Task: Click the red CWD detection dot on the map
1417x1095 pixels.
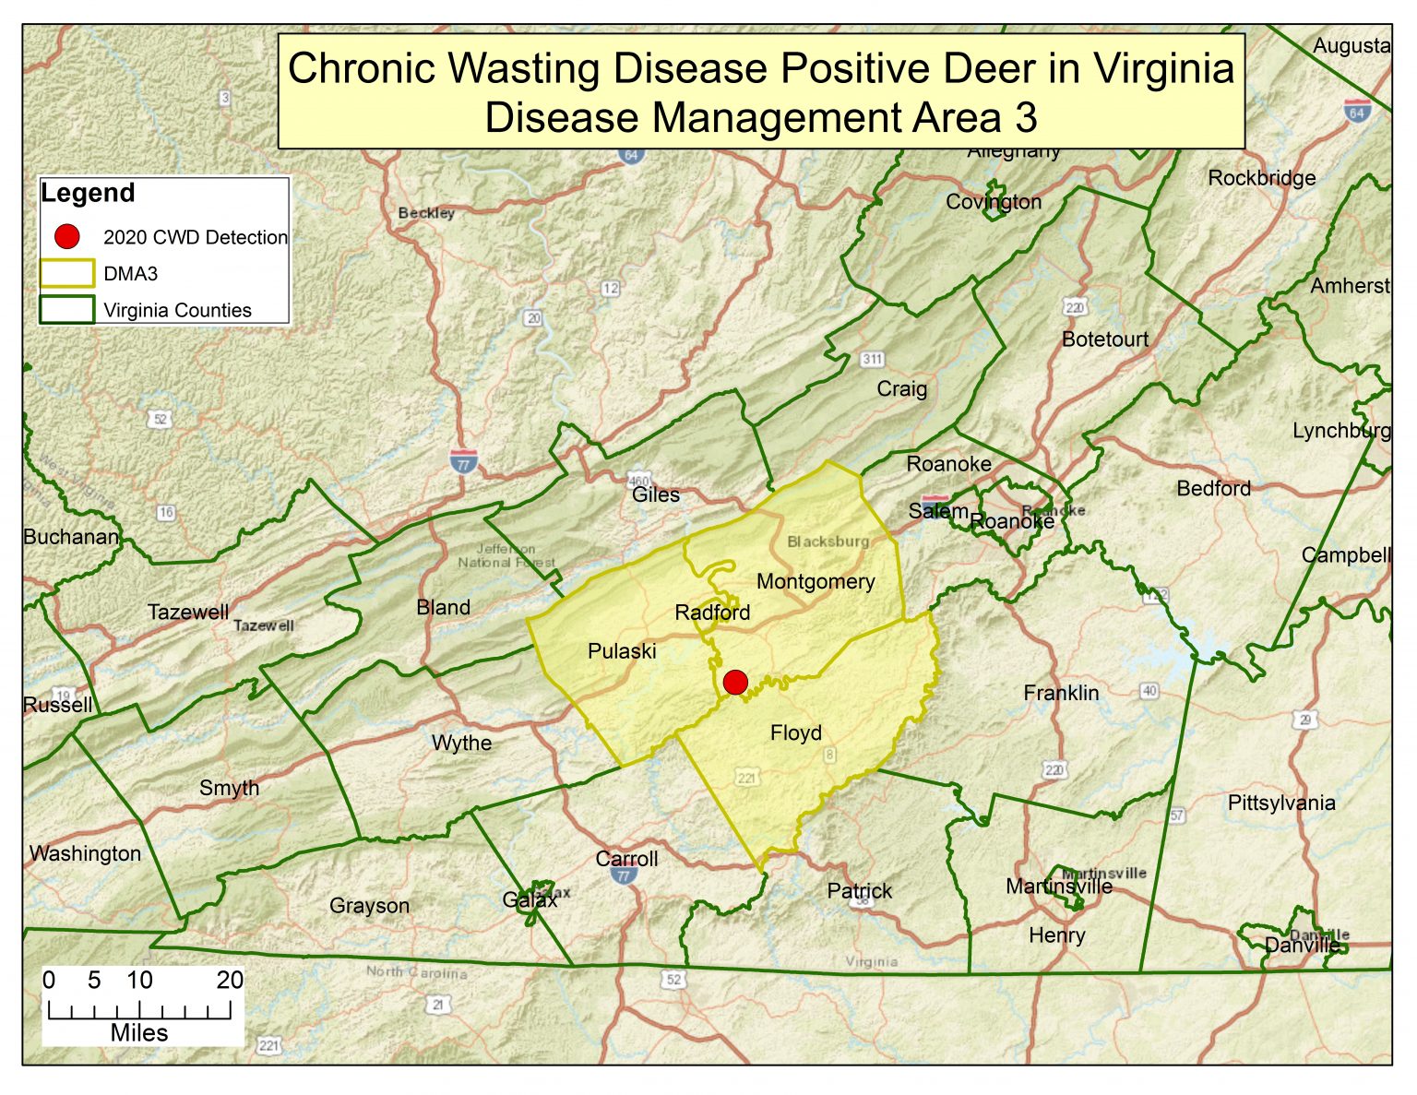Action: click(x=735, y=683)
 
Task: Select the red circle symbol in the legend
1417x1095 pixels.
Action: click(x=66, y=237)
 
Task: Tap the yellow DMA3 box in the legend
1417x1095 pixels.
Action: click(x=66, y=274)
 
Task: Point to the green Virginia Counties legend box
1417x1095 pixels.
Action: click(x=66, y=309)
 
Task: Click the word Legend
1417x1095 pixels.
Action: click(x=88, y=194)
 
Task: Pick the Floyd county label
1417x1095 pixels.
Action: click(x=795, y=733)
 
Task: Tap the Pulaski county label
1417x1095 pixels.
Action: click(x=622, y=651)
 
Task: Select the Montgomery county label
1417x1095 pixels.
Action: click(x=816, y=582)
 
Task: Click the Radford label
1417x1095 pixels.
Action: click(x=712, y=613)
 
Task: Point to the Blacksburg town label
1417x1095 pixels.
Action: click(x=828, y=542)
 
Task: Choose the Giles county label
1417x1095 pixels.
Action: click(x=656, y=495)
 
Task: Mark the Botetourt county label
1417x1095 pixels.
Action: click(x=1105, y=339)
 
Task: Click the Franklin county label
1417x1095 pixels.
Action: click(x=1061, y=693)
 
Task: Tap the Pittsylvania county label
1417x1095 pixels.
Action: click(x=1281, y=803)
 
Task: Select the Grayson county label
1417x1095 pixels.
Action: click(x=369, y=906)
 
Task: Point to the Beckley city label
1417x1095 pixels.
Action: click(x=426, y=213)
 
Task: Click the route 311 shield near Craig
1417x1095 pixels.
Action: click(x=872, y=359)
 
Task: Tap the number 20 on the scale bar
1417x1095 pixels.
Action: click(x=230, y=981)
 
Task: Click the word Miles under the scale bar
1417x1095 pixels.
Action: click(x=139, y=1033)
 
